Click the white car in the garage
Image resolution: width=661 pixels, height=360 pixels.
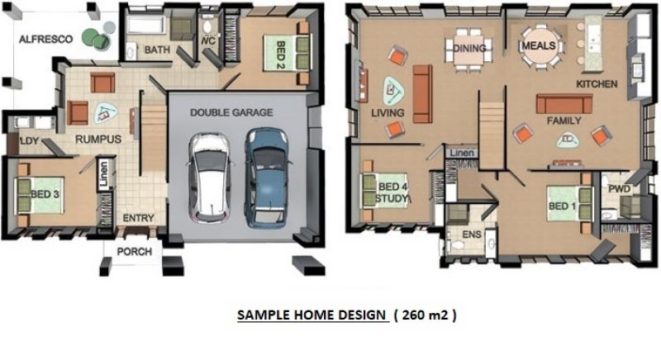(209, 178)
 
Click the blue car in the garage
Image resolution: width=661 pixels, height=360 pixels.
(266, 178)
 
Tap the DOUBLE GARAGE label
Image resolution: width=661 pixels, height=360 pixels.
(231, 112)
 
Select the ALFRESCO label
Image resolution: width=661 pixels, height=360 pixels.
(46, 39)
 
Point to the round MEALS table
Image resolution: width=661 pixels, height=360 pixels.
(539, 46)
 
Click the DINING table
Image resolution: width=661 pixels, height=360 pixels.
(468, 49)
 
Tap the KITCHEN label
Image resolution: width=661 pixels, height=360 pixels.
(597, 84)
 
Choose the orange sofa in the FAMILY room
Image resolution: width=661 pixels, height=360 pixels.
(564, 103)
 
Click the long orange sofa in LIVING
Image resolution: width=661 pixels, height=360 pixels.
(422, 93)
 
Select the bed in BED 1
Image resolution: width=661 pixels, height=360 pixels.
(569, 204)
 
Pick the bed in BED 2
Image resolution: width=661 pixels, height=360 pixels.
(287, 53)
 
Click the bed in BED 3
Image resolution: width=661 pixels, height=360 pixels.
(40, 196)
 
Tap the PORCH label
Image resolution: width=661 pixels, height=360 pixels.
(134, 252)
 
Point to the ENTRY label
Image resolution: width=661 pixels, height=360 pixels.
(138, 218)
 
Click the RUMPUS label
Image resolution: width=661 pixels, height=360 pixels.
(98, 140)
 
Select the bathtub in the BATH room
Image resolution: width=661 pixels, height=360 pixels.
(145, 25)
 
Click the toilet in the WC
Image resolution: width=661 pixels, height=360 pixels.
(207, 26)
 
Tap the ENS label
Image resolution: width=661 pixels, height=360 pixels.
(471, 234)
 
